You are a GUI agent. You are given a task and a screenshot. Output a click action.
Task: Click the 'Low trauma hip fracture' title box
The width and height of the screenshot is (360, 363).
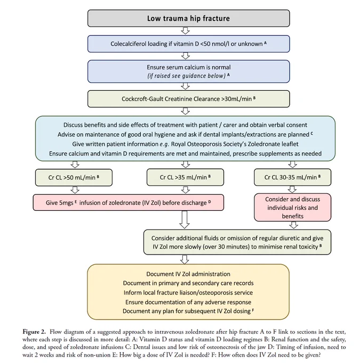(189, 18)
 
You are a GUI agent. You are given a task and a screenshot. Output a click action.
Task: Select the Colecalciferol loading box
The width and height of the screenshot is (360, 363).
(189, 44)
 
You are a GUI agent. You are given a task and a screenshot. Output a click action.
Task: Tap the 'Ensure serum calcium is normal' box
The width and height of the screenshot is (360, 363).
(189, 72)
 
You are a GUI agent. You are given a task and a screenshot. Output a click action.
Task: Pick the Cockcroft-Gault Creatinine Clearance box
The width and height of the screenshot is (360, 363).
(189, 99)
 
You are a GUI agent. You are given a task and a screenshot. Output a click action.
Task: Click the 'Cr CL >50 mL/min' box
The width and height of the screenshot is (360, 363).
(74, 177)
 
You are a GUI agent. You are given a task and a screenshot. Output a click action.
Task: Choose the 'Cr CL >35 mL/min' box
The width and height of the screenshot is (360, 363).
(185, 177)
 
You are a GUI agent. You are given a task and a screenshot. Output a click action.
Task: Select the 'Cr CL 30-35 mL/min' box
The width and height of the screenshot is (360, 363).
(292, 177)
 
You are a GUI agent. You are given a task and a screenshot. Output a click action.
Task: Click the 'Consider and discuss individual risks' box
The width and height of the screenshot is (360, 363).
(292, 208)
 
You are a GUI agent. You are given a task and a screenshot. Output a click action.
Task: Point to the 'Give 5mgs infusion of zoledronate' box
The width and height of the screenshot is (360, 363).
(129, 202)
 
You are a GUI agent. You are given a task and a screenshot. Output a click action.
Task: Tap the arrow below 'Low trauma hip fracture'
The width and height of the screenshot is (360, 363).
(185, 31)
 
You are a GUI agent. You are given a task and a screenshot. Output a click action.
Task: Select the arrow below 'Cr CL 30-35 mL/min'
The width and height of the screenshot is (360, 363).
(292, 190)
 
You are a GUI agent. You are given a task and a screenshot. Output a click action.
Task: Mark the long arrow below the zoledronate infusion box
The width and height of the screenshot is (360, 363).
(185, 220)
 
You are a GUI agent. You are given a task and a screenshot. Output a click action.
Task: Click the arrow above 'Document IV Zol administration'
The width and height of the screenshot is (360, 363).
(185, 259)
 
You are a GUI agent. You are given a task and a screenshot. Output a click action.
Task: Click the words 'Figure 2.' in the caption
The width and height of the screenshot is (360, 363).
(34, 332)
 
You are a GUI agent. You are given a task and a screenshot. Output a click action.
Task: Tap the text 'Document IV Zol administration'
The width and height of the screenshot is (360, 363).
(188, 274)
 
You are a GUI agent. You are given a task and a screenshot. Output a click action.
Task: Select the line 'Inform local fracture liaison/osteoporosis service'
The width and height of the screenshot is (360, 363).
(188, 293)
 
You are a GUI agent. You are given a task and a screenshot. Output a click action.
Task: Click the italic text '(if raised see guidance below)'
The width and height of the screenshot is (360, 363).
(186, 76)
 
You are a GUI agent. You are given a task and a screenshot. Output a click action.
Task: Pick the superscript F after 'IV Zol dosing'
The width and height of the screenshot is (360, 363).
(253, 310)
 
